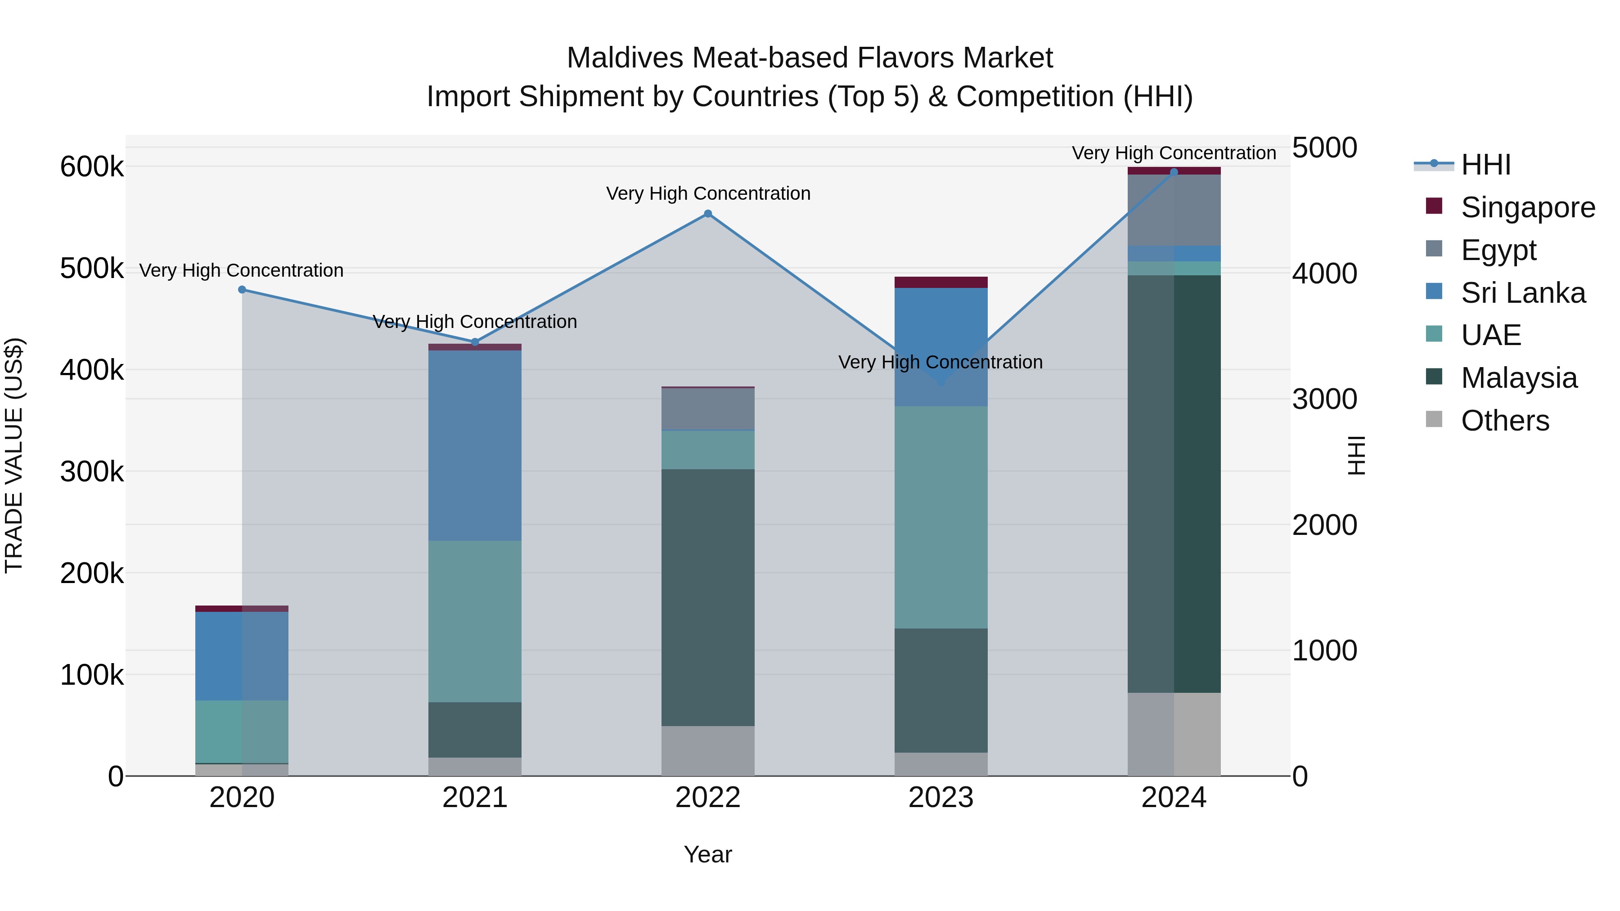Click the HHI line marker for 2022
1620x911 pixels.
707,214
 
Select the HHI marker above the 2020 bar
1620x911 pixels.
242,290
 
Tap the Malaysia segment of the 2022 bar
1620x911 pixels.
707,597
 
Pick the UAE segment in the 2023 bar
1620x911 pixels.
941,517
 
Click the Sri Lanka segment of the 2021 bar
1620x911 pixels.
475,445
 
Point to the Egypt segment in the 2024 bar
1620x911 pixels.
1174,210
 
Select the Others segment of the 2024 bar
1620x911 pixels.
1174,734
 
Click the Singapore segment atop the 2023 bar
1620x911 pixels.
941,282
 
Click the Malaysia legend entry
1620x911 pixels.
1519,378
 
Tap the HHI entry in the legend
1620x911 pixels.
1485,165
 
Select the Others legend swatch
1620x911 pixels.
1434,419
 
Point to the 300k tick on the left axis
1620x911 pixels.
92,471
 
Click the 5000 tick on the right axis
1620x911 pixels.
1324,148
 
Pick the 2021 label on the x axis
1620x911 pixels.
475,798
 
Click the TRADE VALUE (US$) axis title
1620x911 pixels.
14,455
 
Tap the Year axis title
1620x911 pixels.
707,854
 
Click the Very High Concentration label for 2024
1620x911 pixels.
1174,153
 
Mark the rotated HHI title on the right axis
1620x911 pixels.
1356,455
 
